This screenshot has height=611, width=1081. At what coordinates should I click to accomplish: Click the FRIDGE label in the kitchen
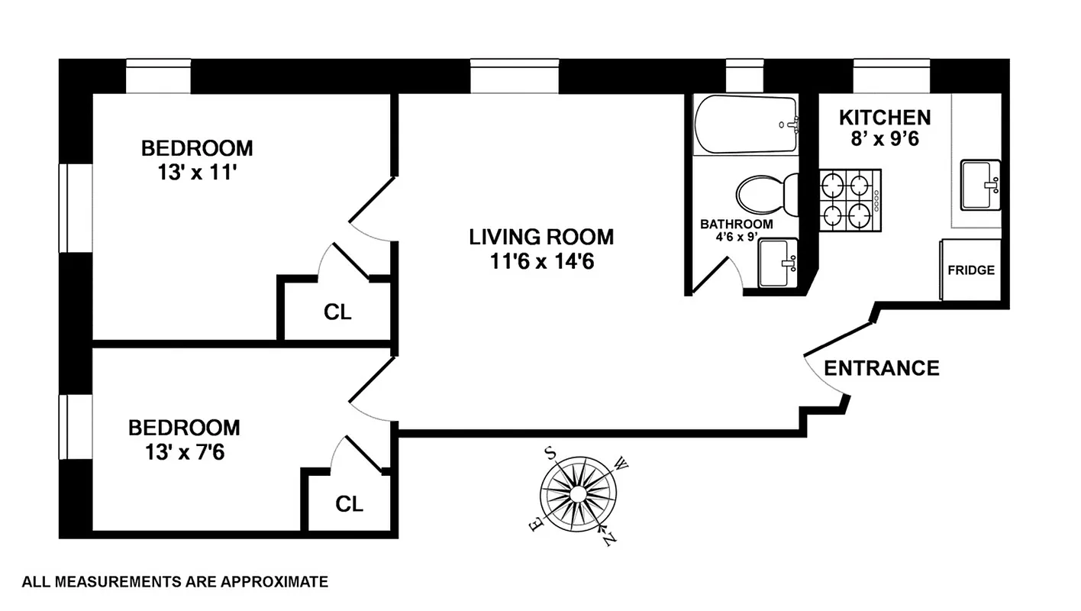[971, 270]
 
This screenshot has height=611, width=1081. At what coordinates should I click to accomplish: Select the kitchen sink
[980, 185]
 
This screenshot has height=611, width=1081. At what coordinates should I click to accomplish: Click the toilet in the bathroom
[766, 194]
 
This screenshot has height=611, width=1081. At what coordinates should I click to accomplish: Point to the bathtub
[746, 124]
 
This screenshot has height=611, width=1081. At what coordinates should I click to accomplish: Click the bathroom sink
[778, 263]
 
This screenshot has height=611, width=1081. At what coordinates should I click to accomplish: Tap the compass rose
[578, 494]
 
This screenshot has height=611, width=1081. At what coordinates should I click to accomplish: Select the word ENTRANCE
[882, 368]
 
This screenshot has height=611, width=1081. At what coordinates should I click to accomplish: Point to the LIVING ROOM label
[541, 237]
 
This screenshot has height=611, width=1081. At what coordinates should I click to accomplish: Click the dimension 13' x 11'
[196, 172]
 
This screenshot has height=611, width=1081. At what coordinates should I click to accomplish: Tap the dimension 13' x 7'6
[184, 452]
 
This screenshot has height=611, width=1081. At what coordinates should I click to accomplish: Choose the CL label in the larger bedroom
[338, 312]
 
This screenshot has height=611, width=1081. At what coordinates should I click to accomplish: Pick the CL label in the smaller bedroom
[350, 504]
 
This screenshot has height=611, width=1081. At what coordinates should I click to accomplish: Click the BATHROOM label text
[737, 225]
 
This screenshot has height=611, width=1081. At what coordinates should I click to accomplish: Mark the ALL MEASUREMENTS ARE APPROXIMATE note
[176, 582]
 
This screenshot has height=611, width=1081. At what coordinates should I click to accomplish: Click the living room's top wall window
[515, 76]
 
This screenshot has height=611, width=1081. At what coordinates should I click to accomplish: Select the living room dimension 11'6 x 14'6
[541, 262]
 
